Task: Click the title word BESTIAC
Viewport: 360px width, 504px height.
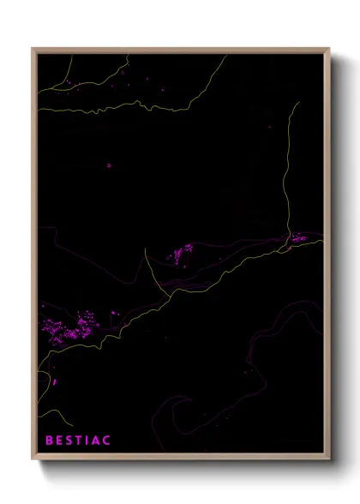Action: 77,441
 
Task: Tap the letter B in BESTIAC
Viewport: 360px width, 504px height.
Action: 49,441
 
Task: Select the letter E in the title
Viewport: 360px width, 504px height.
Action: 59,441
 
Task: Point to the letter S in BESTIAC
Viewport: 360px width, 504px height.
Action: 69,441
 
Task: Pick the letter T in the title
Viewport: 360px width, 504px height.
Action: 79,441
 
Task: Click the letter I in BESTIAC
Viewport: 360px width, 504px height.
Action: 87,441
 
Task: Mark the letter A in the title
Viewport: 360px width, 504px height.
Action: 95,441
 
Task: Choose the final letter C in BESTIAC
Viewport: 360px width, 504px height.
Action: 106,441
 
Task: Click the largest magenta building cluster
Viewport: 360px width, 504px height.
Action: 69,327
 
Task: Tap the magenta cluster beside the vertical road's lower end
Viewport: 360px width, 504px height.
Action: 298,238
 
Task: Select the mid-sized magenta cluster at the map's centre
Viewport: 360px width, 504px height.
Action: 182,253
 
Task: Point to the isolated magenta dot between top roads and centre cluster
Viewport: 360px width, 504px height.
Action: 109,166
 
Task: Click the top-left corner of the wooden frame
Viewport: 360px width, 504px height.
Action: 33,49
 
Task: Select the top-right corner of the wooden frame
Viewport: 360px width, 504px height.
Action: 330,49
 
